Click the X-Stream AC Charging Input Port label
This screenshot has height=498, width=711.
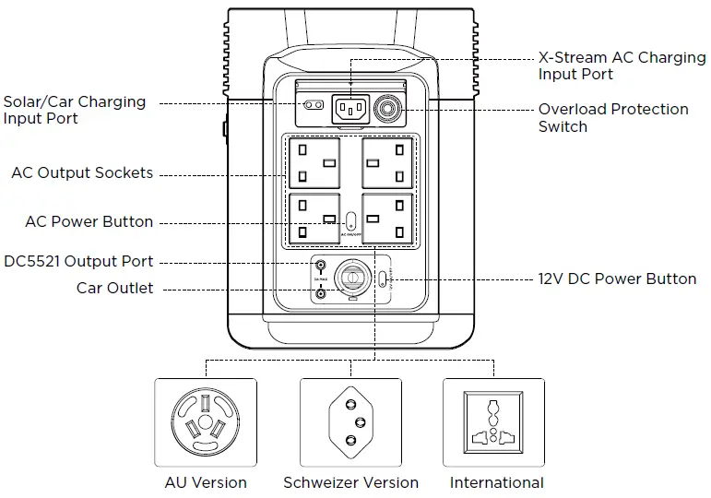point(622,65)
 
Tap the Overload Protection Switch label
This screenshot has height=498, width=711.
point(613,117)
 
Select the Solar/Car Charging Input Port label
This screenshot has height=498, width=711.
point(74,110)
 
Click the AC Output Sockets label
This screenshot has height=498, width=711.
point(82,173)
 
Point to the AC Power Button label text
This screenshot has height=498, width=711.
point(89,222)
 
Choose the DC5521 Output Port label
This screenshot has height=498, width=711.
point(79,261)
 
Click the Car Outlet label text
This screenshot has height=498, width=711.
point(115,289)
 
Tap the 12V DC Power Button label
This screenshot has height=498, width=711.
point(617,279)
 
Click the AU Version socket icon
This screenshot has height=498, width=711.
point(206,421)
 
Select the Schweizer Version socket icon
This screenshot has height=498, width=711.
point(350,421)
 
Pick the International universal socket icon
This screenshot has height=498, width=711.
point(495,421)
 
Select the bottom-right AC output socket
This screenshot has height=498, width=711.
point(385,219)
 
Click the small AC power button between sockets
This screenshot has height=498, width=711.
point(350,221)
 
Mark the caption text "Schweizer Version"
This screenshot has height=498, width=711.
point(350,482)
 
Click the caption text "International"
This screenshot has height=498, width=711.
point(496,482)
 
